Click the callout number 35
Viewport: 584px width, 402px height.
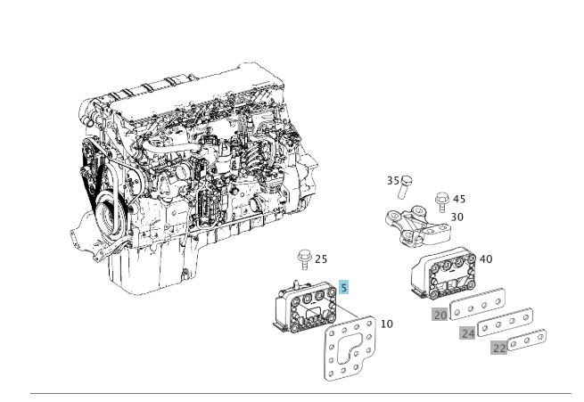tap(392, 181)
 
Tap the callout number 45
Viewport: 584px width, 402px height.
tap(459, 199)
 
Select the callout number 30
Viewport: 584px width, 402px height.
tap(457, 217)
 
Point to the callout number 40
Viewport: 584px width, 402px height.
tap(486, 259)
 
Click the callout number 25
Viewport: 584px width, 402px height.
tap(321, 259)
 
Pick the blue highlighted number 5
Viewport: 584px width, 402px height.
tap(344, 288)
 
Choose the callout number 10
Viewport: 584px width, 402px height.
tap(386, 324)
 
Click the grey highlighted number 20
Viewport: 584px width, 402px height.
tap(440, 315)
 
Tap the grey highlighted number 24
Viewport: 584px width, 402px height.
tap(467, 333)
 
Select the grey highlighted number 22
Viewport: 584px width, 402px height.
tap(499, 349)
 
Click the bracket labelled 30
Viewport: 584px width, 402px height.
tap(414, 224)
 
